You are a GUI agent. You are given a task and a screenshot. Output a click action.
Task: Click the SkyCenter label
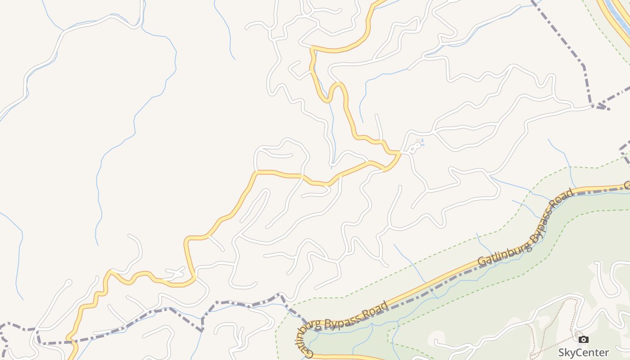583,352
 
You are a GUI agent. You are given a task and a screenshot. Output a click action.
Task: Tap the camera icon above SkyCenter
583,340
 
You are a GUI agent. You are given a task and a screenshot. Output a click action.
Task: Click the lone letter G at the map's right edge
627,185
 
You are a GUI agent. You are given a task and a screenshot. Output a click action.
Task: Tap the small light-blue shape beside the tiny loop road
421,144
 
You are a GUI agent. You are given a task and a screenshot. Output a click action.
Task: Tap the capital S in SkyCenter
562,352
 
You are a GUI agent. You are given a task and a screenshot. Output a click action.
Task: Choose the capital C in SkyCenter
580,352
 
